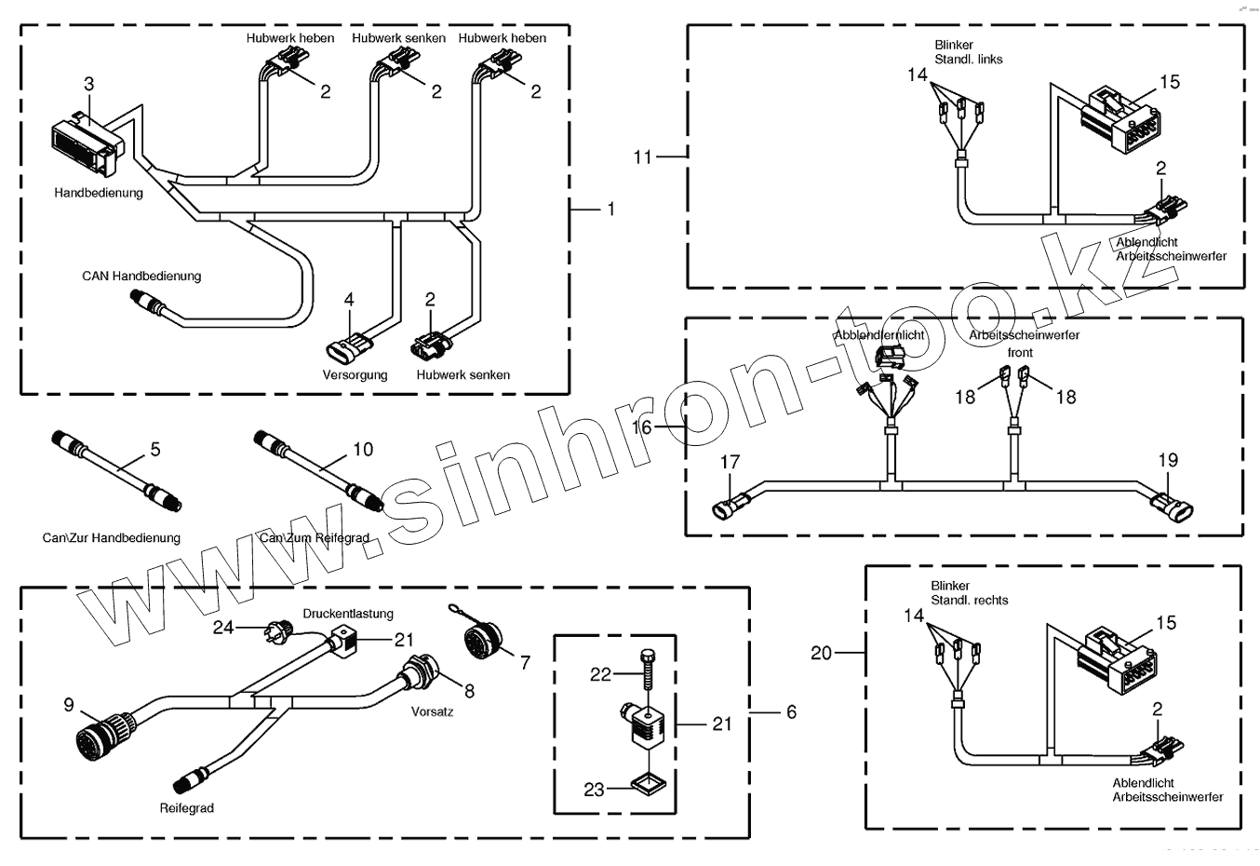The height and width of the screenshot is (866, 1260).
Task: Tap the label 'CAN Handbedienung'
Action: point(141,276)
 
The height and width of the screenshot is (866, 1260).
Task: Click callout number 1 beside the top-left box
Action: point(610,210)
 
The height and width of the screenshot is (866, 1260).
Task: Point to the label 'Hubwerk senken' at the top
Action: point(398,38)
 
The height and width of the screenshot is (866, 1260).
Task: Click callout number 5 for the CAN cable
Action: point(155,450)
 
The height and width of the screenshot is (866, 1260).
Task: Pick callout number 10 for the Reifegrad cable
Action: point(363,450)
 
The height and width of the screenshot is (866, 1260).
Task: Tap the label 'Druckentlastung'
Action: point(348,614)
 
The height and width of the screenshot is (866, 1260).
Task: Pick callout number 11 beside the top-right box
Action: point(643,157)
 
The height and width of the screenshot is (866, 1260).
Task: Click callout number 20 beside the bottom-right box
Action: point(821,653)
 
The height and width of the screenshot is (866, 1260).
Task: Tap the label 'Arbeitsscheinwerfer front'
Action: point(1024,343)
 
